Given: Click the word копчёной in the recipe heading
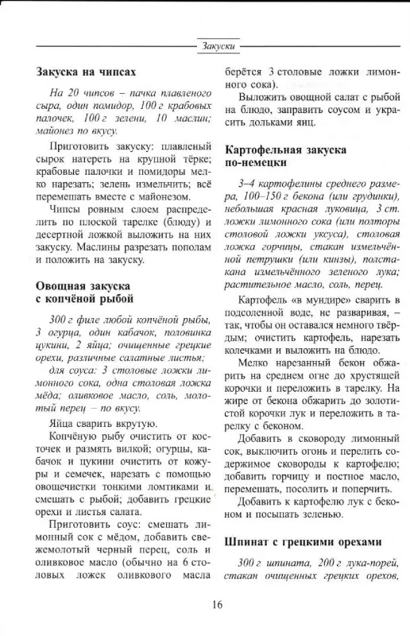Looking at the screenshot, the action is point(103,300).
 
